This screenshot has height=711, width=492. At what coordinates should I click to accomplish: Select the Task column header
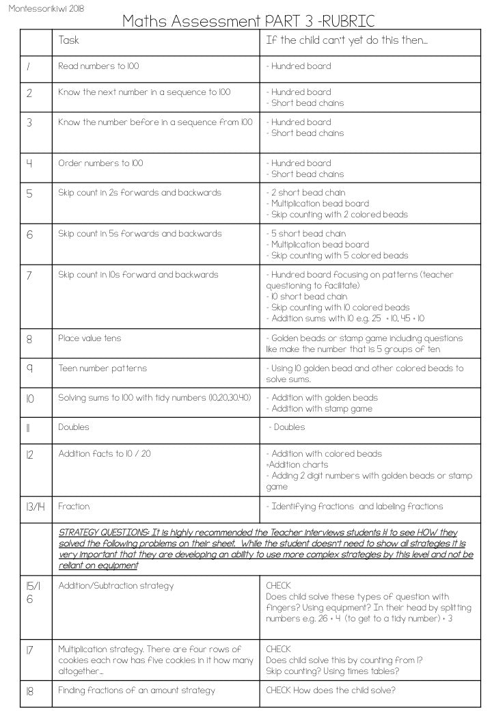[x=68, y=40]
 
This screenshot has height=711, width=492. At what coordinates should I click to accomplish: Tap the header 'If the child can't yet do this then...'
[x=346, y=40]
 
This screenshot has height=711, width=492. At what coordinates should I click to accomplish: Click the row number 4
[x=29, y=163]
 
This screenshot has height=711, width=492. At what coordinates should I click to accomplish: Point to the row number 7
[x=29, y=275]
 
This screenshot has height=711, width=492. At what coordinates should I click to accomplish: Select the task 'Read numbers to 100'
[x=98, y=66]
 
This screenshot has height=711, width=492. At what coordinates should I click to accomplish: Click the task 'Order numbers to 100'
[x=100, y=163]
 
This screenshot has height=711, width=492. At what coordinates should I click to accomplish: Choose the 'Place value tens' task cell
[x=90, y=338]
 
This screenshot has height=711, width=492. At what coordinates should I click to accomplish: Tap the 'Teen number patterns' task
[x=102, y=368]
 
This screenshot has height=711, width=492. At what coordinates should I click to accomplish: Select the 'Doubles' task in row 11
[x=74, y=427]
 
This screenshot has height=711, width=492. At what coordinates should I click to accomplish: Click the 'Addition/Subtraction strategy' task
[x=115, y=586]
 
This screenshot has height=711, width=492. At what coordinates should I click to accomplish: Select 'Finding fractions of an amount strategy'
[x=136, y=690]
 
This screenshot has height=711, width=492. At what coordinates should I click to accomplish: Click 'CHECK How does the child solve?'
[x=330, y=690]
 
